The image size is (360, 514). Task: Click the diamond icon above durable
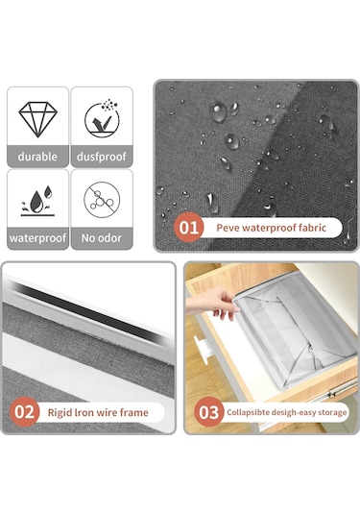[x=38, y=119]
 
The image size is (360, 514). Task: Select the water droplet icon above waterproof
[x=37, y=201]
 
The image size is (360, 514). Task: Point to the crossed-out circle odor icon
[x=102, y=200]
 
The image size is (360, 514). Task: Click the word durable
[x=37, y=157]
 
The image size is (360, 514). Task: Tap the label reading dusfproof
[x=102, y=157]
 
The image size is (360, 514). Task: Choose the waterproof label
[x=37, y=238]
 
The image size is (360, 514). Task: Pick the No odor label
[x=102, y=238]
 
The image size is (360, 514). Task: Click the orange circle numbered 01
[x=189, y=228]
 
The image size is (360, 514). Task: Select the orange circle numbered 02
[x=25, y=412]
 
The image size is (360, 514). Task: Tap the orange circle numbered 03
[x=208, y=412]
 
